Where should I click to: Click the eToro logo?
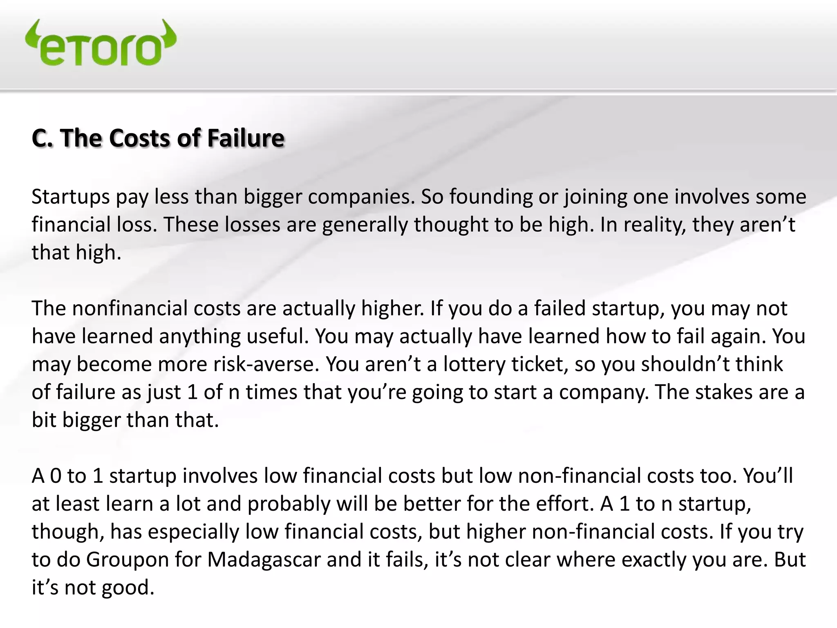[101, 43]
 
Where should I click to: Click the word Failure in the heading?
[245, 138]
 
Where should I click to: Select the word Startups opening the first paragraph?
[70, 197]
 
